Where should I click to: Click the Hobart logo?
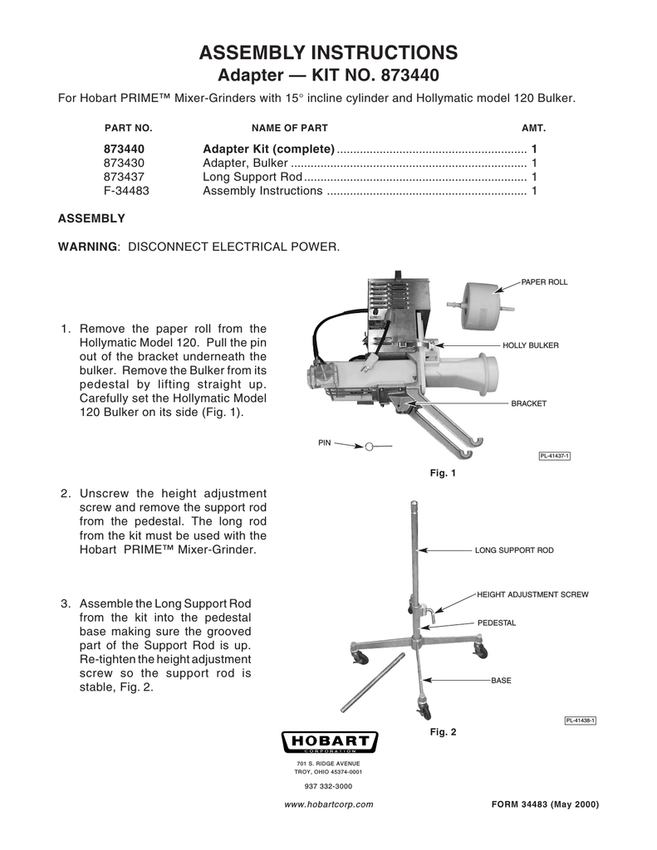[330, 741]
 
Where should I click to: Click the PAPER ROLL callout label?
[544, 282]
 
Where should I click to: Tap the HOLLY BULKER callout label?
[530, 344]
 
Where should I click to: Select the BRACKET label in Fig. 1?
[528, 403]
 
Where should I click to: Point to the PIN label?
[325, 442]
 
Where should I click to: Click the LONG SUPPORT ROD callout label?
[513, 550]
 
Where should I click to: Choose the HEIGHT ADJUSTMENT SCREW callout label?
[532, 595]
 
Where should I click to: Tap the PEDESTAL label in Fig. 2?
[497, 622]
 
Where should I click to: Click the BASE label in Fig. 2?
[501, 681]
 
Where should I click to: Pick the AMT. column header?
[532, 129]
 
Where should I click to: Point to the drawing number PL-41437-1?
[554, 455]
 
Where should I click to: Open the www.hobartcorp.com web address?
[328, 804]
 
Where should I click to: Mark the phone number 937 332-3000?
[329, 786]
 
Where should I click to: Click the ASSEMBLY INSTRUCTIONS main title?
[328, 53]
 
